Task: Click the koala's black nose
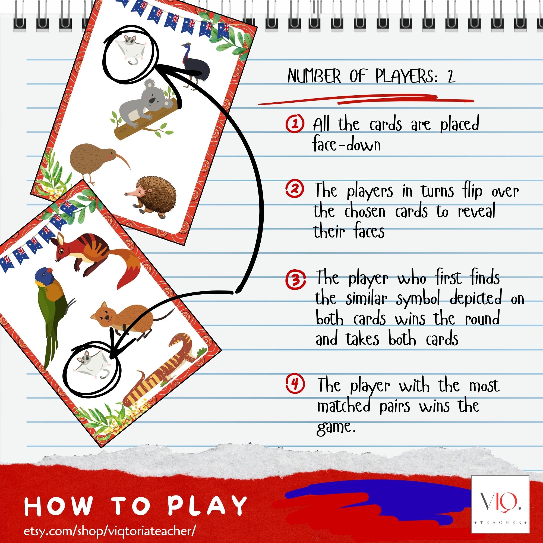click(152, 101)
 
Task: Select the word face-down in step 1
click(346, 145)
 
